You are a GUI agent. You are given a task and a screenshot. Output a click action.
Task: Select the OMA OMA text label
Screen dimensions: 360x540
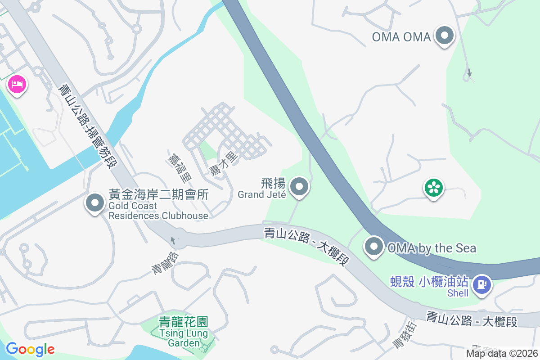401,37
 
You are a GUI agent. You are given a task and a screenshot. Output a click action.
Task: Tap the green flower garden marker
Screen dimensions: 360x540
434,188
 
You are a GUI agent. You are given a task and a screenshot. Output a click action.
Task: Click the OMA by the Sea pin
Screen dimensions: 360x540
374,247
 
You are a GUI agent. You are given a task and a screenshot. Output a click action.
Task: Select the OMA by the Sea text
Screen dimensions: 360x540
432,248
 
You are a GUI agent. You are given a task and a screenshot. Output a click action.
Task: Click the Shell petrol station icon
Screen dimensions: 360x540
482,284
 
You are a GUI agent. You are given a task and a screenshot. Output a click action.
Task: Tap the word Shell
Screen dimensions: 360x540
458,293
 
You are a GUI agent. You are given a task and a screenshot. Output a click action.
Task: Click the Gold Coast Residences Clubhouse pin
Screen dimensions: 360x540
94,203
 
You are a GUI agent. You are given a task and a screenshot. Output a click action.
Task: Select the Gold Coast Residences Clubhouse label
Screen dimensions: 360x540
158,211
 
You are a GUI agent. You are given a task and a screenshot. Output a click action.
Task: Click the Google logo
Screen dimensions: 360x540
30,349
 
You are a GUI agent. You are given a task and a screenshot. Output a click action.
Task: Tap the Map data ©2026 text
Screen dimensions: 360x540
502,353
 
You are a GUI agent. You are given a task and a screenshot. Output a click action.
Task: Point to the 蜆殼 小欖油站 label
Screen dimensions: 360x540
429,283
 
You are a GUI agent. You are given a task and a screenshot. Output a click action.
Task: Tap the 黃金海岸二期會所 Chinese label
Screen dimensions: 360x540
159,195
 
